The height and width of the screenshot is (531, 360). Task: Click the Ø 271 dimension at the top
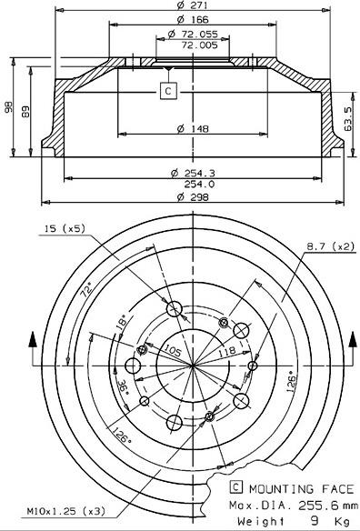click(191, 6)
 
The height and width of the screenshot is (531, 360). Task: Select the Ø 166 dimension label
click(191, 20)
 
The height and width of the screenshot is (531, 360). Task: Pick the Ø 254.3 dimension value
click(191, 172)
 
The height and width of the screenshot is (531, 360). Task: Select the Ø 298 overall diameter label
click(191, 195)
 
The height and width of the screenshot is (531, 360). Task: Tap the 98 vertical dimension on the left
click(9, 107)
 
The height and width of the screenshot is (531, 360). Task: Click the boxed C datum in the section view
click(167, 90)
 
